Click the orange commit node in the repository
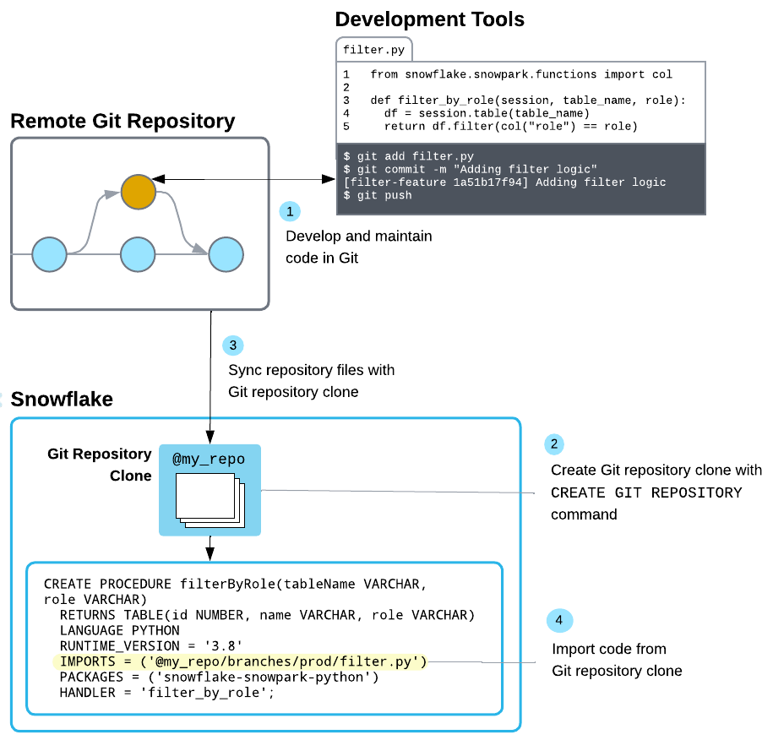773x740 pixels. (138, 192)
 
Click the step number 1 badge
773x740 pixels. (290, 211)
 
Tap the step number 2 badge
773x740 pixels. (555, 443)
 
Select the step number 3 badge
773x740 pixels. (233, 345)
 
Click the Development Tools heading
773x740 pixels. (429, 19)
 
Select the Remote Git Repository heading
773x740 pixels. (122, 121)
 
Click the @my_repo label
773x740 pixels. (209, 460)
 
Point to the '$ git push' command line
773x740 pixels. (378, 195)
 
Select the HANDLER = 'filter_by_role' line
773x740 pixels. (167, 693)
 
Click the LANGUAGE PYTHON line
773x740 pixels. (119, 630)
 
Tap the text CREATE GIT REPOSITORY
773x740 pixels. (646, 492)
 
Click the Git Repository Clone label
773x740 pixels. (99, 465)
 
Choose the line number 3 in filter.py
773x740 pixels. (346, 101)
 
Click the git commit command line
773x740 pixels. (471, 170)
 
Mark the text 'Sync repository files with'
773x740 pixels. (312, 370)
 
